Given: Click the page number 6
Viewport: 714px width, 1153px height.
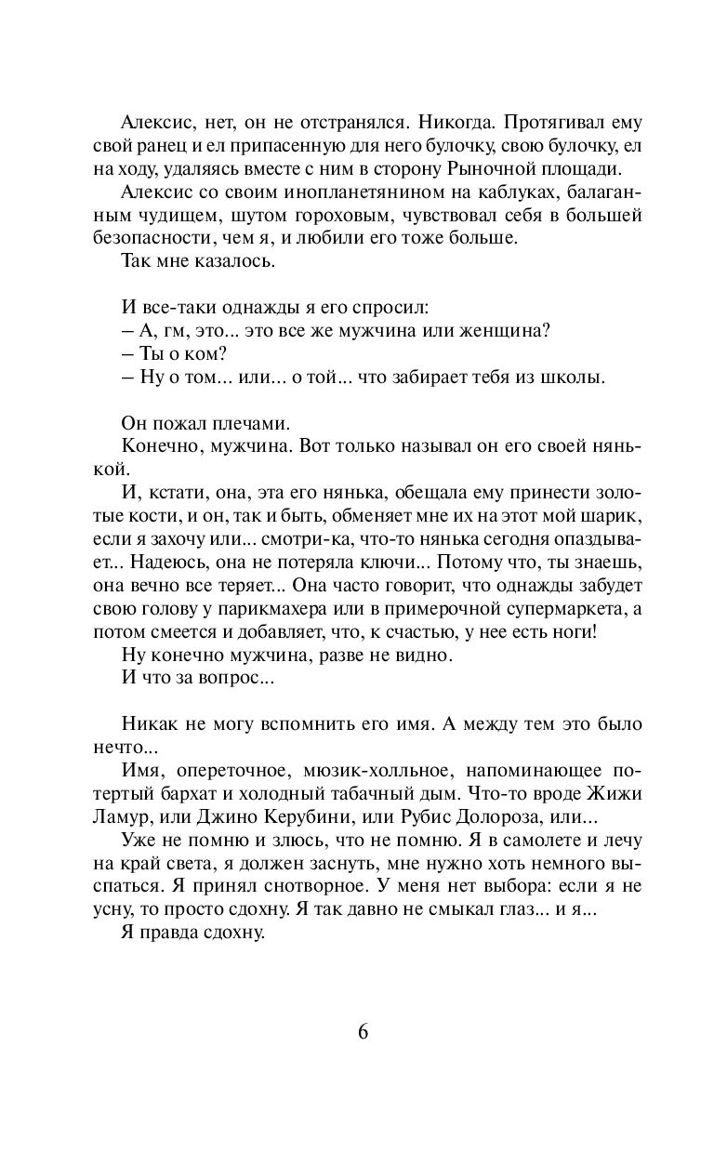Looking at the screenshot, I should pos(363,1032).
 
